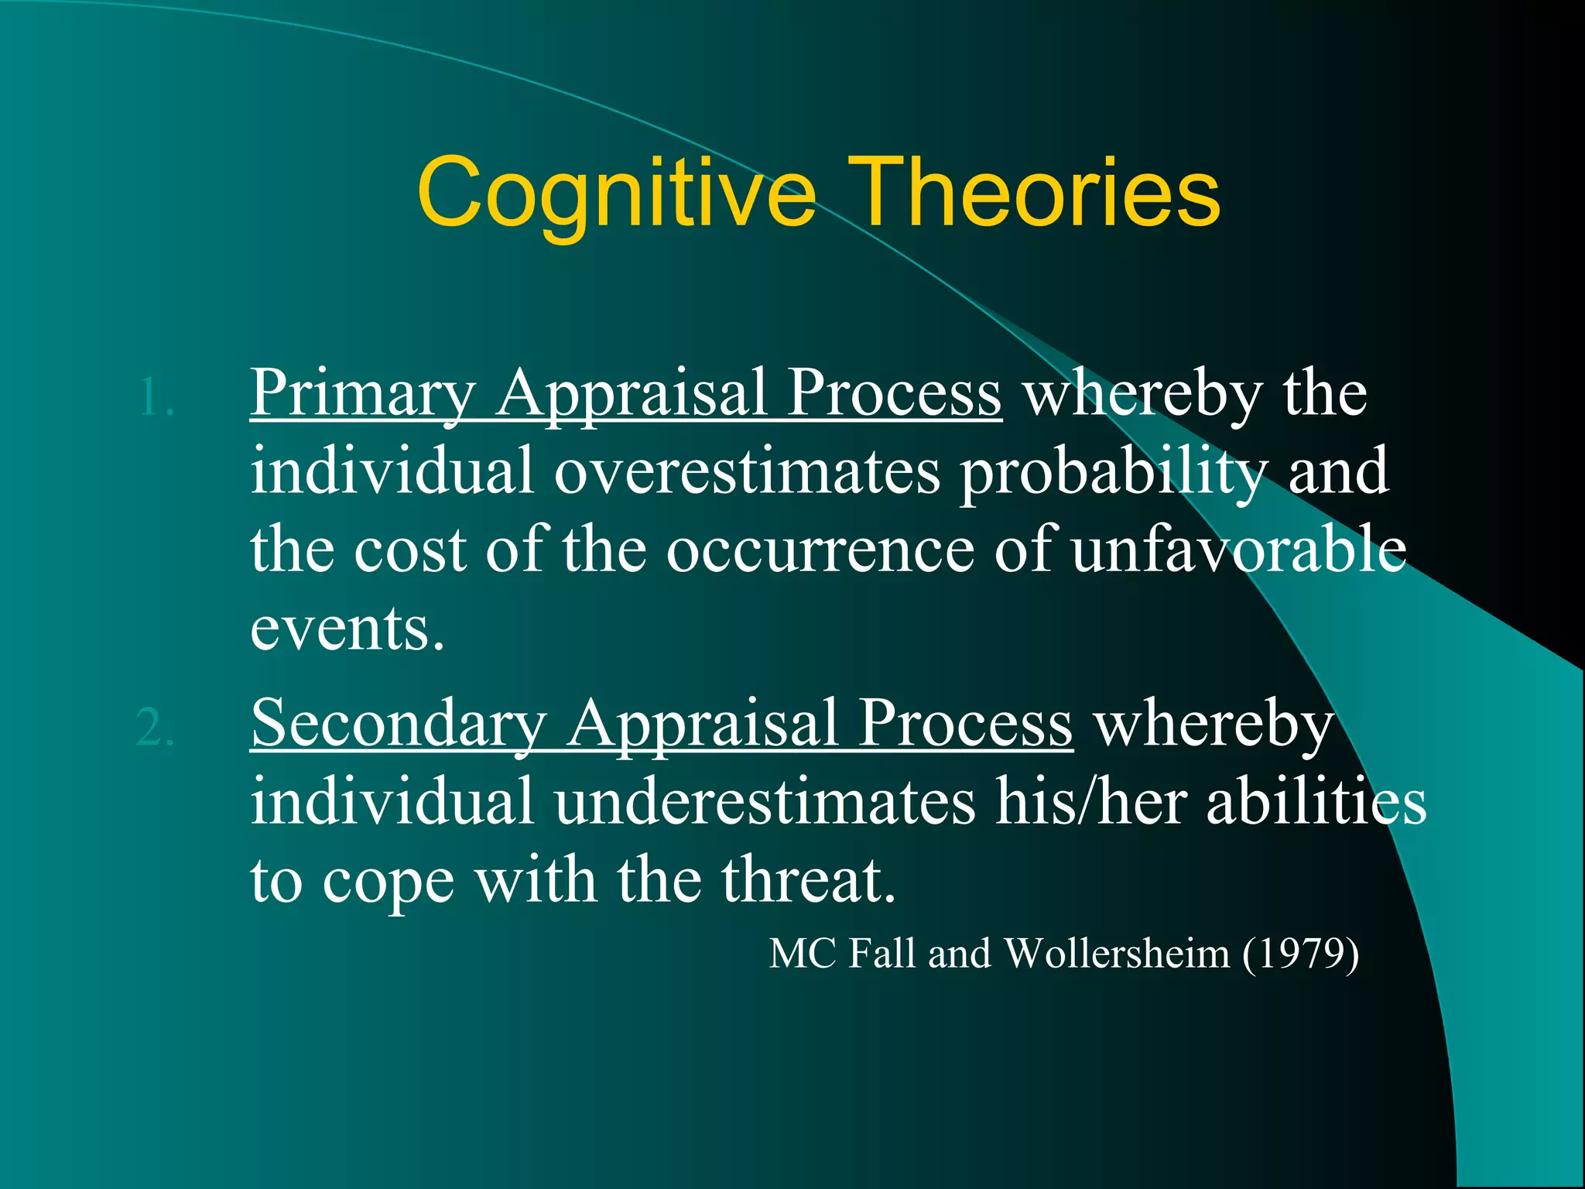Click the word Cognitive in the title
pos(615,194)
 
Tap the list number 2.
pos(155,728)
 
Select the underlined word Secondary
pos(399,725)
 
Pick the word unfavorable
pos(1238,550)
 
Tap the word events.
pos(347,629)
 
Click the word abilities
pos(1316,802)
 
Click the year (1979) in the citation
pos(1300,954)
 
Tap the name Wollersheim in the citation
pos(1117,954)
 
